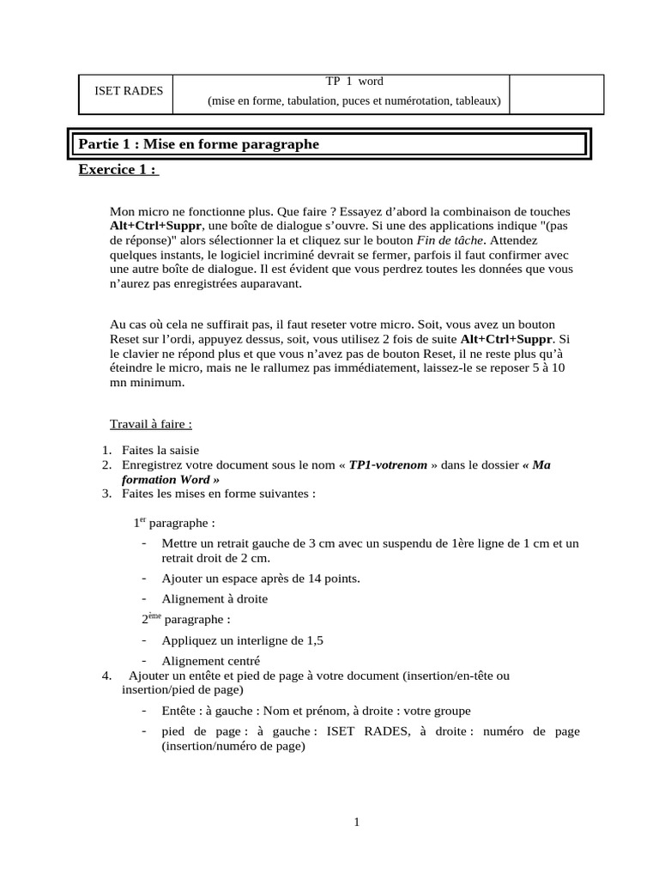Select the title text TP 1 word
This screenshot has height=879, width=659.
pos(354,82)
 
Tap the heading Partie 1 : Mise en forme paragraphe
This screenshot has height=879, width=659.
pos(199,144)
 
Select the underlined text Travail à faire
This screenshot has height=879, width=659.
pos(151,424)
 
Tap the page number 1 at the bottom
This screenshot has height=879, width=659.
pos(356,821)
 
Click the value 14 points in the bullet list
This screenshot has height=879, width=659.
pos(329,579)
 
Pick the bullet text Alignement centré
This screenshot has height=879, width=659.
pos(210,661)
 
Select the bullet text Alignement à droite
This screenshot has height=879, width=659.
pos(215,599)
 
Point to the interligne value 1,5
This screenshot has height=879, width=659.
pos(315,640)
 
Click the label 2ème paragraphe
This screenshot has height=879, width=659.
pos(185,619)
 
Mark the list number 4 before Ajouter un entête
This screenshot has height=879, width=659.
pos(106,676)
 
